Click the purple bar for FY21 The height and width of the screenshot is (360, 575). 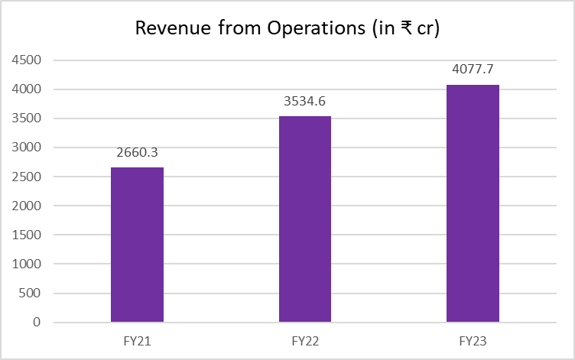pos(137,245)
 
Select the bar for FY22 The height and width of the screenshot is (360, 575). pos(305,219)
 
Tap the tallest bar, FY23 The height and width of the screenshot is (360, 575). pos(473,203)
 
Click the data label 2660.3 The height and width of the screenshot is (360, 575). pos(137,152)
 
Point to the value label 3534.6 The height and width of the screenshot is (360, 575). pos(305,101)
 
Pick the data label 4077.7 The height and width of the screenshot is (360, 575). pos(473,70)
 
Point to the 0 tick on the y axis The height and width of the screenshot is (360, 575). pos(36,323)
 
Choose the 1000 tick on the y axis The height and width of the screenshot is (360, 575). pos(28,264)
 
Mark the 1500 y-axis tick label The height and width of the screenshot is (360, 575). pos(28,235)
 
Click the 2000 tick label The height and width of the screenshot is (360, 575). pos(28,206)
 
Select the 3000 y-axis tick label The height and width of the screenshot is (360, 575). pos(28,148)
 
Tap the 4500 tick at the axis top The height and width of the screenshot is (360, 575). pos(28,60)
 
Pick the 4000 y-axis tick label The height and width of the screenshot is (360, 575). pos(28,89)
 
